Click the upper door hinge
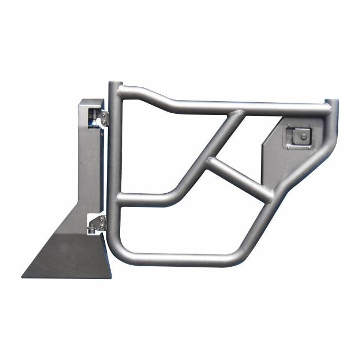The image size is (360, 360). pos(102,118)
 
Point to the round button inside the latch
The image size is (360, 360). pos(303,137)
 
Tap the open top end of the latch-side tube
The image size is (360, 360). pos(331,102)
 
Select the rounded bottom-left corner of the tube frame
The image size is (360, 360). pos(121,253)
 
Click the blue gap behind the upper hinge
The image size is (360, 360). pos(95,122)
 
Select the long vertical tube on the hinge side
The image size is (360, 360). pos(113,169)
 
